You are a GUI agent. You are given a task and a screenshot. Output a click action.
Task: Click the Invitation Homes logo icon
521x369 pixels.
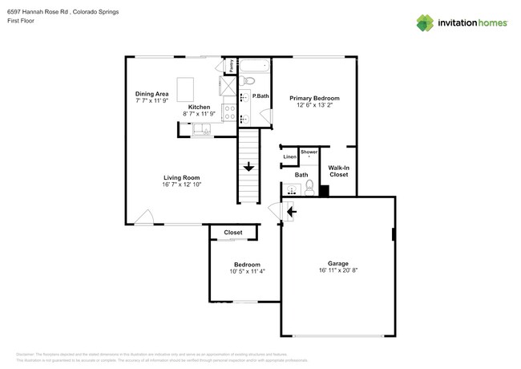(x=424, y=22)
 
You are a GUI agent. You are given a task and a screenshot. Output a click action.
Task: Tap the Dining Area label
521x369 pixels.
(x=151, y=94)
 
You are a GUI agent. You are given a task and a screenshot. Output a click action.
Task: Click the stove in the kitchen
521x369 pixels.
(x=228, y=114)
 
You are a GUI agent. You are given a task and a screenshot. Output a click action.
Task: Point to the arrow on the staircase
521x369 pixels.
(x=248, y=167)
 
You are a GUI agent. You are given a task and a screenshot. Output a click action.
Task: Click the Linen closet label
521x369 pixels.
(x=289, y=156)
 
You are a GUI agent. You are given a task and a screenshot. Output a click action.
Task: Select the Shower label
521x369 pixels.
(x=309, y=151)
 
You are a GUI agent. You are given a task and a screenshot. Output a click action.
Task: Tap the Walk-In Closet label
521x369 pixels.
(x=338, y=170)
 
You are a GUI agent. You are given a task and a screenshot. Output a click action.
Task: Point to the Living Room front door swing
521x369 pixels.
(x=143, y=217)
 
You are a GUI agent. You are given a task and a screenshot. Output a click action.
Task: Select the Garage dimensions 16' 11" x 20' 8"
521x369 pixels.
(x=337, y=270)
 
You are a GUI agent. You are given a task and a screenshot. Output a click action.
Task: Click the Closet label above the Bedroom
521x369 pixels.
(x=233, y=232)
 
